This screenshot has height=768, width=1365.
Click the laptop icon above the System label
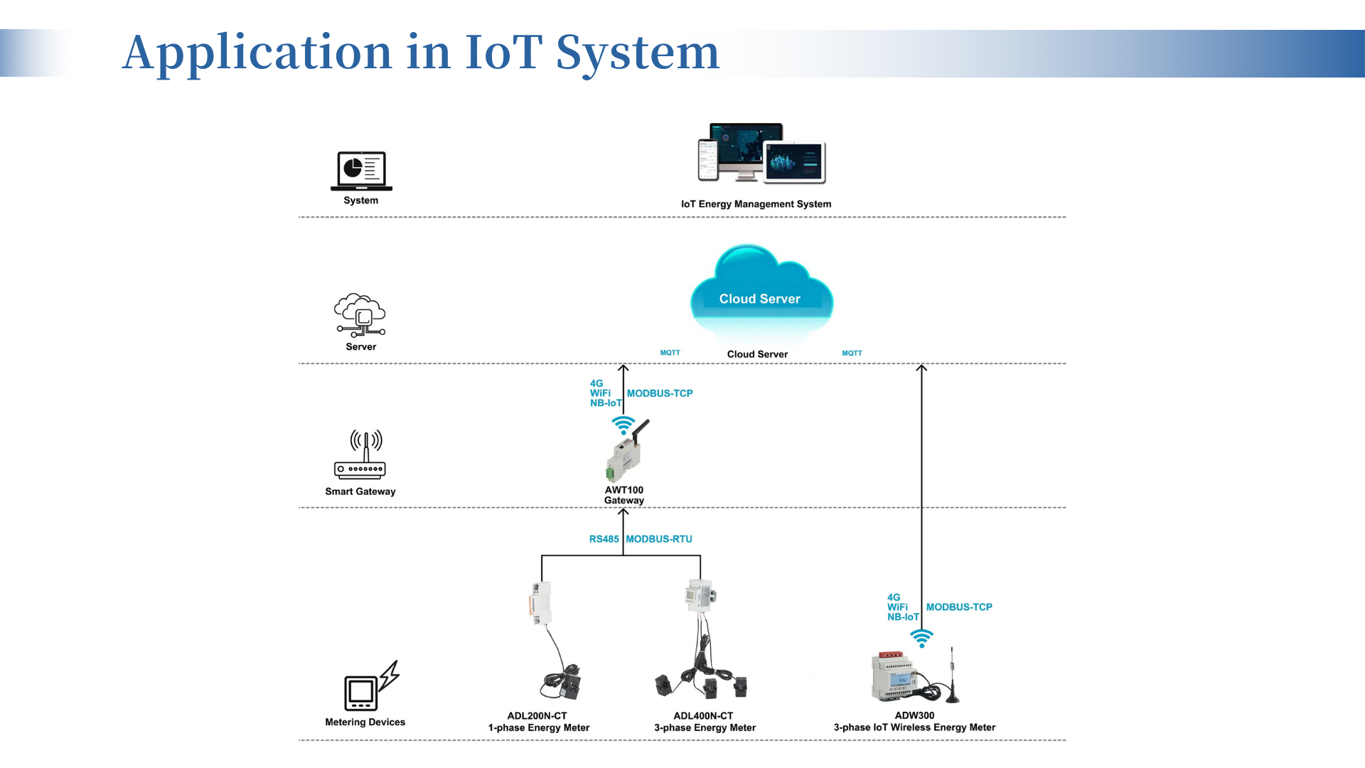[x=361, y=171]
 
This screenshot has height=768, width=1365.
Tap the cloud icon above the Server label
[x=360, y=315]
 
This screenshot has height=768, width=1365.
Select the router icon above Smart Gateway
[x=360, y=454]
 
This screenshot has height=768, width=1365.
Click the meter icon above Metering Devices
[x=370, y=687]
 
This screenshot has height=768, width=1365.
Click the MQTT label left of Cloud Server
[x=670, y=353]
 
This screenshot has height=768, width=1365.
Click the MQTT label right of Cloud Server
[x=852, y=353]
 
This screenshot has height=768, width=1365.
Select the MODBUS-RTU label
[x=659, y=539]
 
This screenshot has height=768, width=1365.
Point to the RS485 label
[x=604, y=539]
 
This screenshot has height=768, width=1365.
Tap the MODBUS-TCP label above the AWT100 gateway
[x=660, y=393]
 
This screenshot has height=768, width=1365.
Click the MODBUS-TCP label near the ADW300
[x=959, y=607]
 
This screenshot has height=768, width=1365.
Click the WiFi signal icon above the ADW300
[x=921, y=638]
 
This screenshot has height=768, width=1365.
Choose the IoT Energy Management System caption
[x=756, y=204]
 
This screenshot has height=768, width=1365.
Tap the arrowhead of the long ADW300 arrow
[x=921, y=368]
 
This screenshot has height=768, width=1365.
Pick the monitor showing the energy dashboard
[x=744, y=149]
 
